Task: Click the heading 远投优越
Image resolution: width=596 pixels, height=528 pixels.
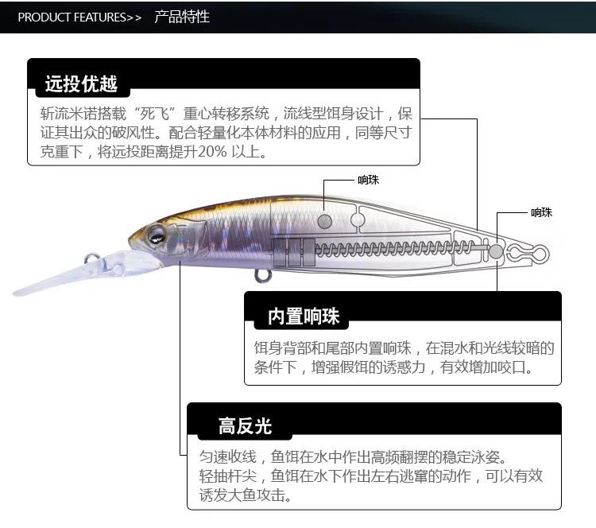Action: coord(81,83)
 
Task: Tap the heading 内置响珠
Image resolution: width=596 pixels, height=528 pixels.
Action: coord(304,316)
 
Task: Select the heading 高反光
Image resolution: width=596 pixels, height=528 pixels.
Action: coord(246,426)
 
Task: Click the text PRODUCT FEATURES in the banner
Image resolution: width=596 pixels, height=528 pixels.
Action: coord(72,17)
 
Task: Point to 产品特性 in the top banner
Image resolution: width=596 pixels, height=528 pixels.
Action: coord(182,17)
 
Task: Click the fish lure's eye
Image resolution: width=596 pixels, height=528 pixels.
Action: coord(157,235)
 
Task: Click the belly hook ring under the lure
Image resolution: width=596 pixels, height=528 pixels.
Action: coord(263,275)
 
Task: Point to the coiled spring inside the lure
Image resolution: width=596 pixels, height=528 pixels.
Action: coord(395,249)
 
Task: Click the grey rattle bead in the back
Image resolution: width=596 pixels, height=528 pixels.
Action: coord(324,221)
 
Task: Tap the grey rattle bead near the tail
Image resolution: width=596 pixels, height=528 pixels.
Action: coord(496,251)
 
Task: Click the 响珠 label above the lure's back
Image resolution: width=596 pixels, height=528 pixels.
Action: coord(368,180)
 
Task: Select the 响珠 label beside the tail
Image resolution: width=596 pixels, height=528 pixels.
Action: coord(542,212)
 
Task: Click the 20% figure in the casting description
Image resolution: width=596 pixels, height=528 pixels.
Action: coord(212,152)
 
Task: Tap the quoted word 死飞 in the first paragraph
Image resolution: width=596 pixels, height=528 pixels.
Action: coord(155,114)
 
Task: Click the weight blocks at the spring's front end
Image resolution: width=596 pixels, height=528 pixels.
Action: coord(294,252)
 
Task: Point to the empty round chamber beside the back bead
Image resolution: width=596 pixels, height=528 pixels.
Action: coord(358,219)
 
